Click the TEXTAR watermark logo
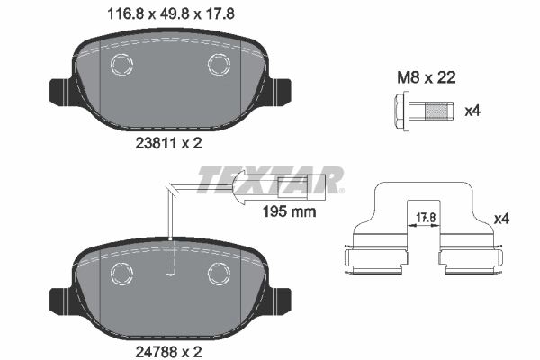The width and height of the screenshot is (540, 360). [270, 180]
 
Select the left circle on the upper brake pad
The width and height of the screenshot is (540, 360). [120, 65]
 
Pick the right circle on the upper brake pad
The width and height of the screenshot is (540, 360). [217, 65]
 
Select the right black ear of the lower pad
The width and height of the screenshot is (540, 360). [278, 298]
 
